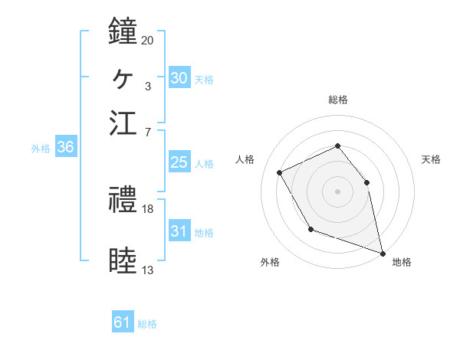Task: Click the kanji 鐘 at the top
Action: pyautogui.click(x=123, y=32)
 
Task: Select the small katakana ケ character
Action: pyautogui.click(x=123, y=77)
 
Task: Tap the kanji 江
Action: pyautogui.click(x=123, y=122)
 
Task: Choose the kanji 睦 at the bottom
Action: pyautogui.click(x=123, y=261)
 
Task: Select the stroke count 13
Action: pyautogui.click(x=147, y=270)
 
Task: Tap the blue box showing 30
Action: pyautogui.click(x=179, y=78)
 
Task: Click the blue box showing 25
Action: pyautogui.click(x=179, y=162)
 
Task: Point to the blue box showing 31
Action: pyautogui.click(x=179, y=231)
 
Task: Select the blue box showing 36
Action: pyautogui.click(x=65, y=148)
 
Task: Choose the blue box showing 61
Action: pyautogui.click(x=123, y=322)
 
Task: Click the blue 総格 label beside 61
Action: pyautogui.click(x=147, y=324)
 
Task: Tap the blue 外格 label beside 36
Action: pyautogui.click(x=40, y=149)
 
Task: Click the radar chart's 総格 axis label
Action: pyautogui.click(x=337, y=100)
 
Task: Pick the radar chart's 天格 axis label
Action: pyautogui.click(x=431, y=159)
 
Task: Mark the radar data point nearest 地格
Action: pyautogui.click(x=383, y=251)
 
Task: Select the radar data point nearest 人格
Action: pyautogui.click(x=279, y=172)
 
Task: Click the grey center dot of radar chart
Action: pyautogui.click(x=337, y=191)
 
